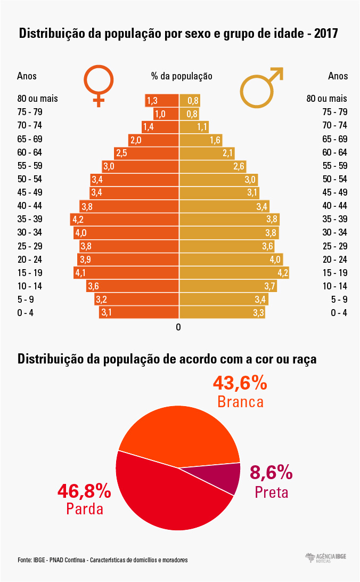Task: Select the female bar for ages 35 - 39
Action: point(125,219)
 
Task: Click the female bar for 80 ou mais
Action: point(161,100)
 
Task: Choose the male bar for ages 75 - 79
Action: point(189,114)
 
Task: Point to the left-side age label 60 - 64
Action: point(29,152)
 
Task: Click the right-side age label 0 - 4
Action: point(339,313)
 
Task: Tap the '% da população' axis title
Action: point(182,76)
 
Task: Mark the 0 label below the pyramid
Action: point(178,327)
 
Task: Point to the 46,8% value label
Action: point(84,490)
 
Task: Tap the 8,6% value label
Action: point(271,472)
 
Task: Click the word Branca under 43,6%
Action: point(240,401)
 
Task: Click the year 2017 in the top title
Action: point(326,34)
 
